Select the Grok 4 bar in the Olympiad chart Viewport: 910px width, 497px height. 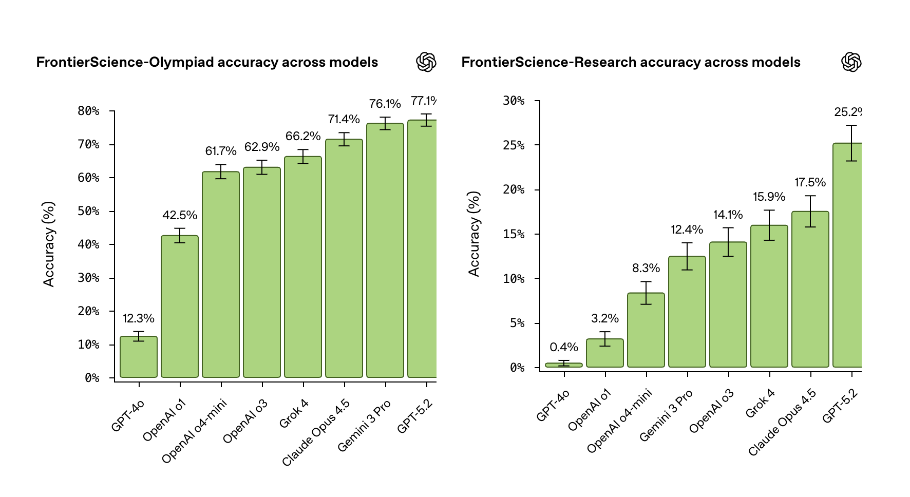click(x=303, y=267)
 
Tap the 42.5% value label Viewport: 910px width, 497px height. click(x=180, y=215)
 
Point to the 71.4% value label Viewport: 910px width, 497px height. click(x=344, y=119)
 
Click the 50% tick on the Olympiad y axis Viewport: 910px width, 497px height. click(x=89, y=211)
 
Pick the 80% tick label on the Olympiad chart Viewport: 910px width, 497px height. click(x=89, y=111)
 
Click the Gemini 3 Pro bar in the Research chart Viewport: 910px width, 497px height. click(x=687, y=312)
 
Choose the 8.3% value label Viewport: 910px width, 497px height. click(x=646, y=268)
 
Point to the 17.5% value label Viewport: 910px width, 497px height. click(x=810, y=182)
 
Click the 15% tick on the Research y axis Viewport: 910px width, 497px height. click(x=514, y=234)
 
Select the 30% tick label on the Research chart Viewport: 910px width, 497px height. click(x=514, y=101)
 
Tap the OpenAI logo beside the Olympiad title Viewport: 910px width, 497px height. click(x=426, y=62)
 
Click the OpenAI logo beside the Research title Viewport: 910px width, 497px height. click(x=851, y=62)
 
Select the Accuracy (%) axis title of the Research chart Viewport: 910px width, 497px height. click(x=474, y=234)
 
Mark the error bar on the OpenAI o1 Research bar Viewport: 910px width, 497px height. click(x=605, y=339)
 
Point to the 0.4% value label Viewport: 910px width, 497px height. click(x=564, y=347)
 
